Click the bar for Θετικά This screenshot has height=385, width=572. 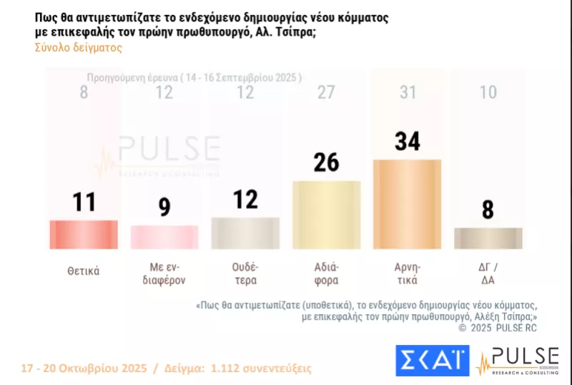[83, 234]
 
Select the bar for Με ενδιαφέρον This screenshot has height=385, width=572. [164, 237]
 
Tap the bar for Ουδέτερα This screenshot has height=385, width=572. [245, 233]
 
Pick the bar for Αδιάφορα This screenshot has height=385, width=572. [326, 215]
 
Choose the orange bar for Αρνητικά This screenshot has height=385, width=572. [407, 204]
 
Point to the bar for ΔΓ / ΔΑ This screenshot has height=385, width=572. [488, 238]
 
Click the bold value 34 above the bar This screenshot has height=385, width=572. [407, 140]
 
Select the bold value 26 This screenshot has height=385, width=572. [326, 162]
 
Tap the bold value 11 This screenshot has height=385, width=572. [83, 203]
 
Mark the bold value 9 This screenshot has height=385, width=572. [164, 208]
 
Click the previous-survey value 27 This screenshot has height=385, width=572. [326, 92]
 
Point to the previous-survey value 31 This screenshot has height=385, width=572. [407, 92]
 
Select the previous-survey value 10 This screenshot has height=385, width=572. [488, 92]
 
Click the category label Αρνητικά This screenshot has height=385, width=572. [407, 274]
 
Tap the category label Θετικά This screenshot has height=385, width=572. [83, 271]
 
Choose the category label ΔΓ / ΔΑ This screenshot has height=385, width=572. [488, 274]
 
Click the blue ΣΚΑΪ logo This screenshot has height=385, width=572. [432, 360]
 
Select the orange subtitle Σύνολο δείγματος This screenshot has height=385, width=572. [78, 48]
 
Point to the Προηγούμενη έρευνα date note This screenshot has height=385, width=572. [194, 77]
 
